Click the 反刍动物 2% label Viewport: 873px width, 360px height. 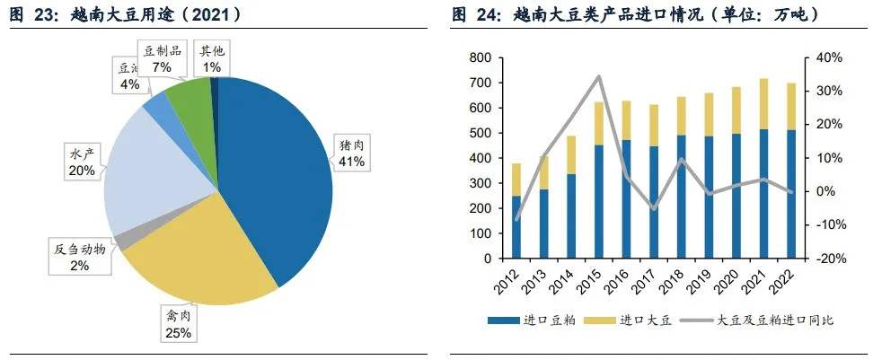pos(81,257)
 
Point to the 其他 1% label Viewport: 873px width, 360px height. pos(212,60)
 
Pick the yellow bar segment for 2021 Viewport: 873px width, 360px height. pos(764,103)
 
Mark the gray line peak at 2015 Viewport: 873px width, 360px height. pos(599,76)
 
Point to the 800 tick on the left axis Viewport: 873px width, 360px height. pos(480,57)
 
